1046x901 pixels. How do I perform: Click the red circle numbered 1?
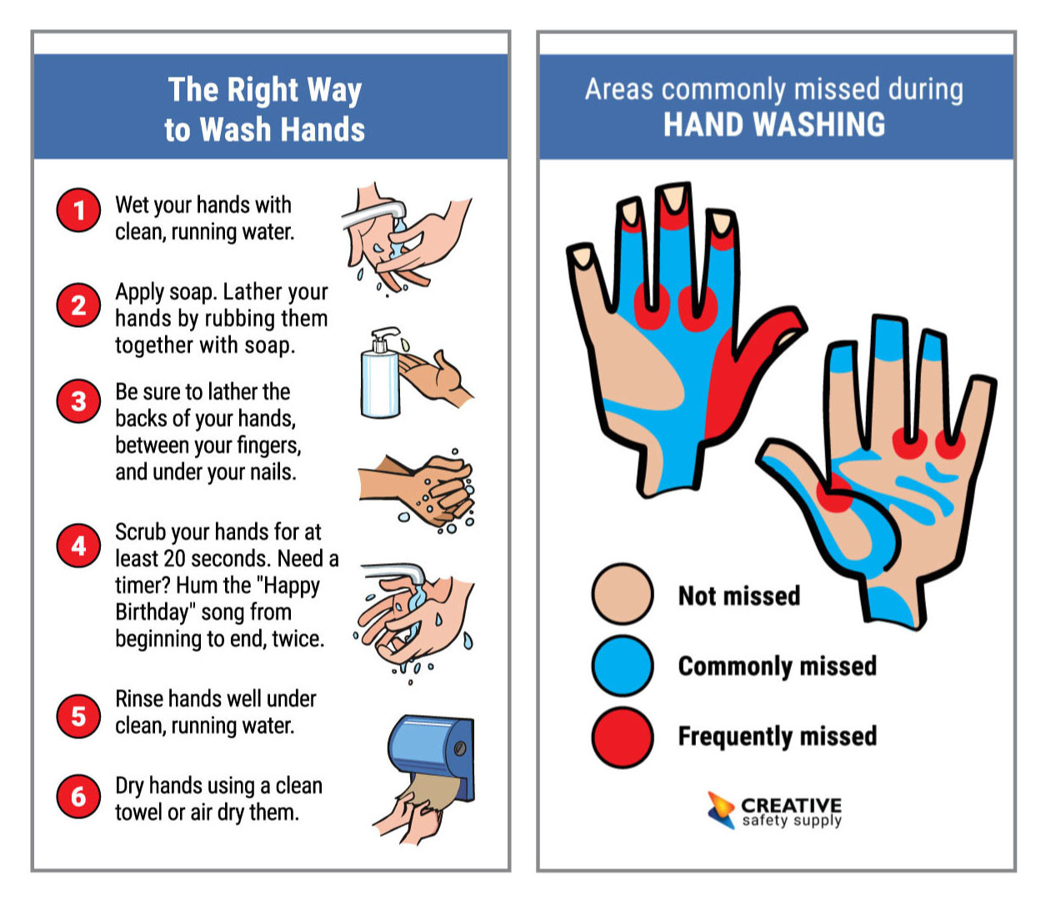point(78,209)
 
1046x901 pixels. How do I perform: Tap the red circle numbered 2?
point(78,305)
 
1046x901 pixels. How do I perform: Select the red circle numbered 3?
point(78,401)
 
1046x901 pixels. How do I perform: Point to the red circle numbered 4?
point(78,546)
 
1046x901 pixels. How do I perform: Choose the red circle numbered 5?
point(78,716)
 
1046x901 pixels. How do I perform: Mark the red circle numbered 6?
point(78,796)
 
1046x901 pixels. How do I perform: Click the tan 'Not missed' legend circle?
point(622,594)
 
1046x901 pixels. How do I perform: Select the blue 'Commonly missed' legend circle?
point(622,665)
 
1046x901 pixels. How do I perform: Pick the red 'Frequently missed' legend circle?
point(622,737)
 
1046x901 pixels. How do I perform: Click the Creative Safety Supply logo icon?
point(720,809)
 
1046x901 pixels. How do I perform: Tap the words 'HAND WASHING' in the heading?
point(773,125)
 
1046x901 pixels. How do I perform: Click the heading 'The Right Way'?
point(264,90)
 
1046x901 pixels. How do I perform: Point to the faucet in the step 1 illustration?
point(375,213)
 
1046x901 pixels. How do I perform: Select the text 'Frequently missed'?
point(777,737)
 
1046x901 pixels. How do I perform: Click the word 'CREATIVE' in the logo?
point(791,805)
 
